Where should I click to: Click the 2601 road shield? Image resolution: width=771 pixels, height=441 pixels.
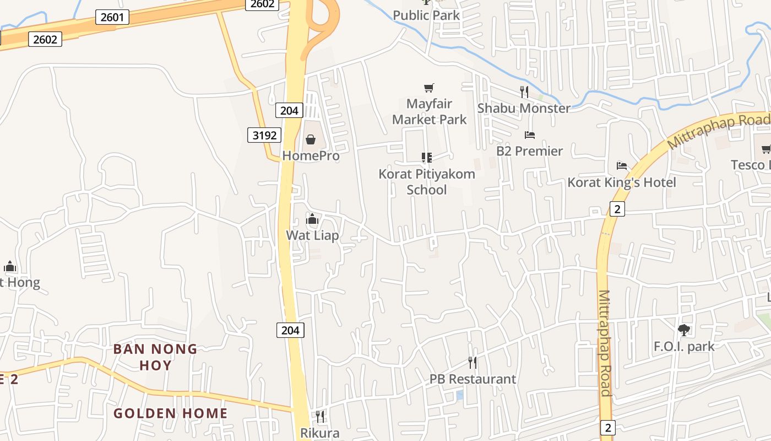112,17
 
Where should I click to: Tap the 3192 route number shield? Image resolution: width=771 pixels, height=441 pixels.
264,135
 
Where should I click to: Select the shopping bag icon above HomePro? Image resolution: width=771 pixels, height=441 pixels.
311,139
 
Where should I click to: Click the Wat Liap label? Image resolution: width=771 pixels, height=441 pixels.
312,235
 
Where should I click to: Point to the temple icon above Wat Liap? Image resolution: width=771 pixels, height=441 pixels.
312,219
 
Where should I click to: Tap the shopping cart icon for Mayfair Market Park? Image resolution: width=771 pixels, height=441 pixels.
429,88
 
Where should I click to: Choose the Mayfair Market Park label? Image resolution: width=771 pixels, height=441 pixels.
429,111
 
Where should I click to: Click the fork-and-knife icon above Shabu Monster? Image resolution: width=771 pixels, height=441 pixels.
524,92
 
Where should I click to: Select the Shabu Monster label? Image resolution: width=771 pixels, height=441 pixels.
524,108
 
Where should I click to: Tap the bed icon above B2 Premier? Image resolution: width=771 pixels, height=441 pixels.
530,135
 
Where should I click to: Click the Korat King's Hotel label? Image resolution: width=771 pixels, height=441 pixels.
622,182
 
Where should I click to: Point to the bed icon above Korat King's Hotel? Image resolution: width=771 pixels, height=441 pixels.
622,166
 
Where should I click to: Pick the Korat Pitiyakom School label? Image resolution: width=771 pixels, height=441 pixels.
427,182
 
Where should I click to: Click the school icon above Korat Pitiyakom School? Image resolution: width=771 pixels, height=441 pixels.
427,158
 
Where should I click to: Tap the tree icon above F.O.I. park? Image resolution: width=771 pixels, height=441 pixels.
684,330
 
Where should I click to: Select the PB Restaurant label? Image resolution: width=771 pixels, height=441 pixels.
473,379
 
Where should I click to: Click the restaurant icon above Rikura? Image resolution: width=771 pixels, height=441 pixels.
320,416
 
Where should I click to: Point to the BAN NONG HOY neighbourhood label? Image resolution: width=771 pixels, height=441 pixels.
155,357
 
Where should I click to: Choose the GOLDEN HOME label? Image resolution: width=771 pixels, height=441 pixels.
170,413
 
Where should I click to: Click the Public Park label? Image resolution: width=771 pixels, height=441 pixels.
426,15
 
